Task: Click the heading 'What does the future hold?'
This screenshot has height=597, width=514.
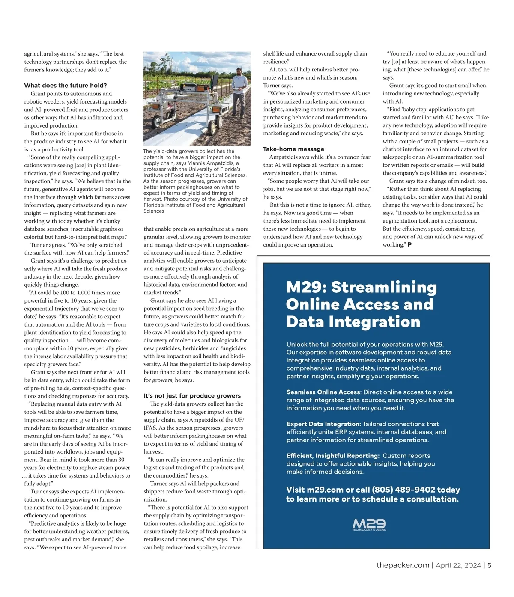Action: [66, 86]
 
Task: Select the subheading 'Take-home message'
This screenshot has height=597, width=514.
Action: [293, 149]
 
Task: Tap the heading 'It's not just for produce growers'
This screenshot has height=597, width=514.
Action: [192, 396]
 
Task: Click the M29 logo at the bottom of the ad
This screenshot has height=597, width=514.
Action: [369, 525]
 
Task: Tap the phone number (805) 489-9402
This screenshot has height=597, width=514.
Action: [403, 490]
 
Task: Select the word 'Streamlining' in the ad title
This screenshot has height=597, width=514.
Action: [384, 287]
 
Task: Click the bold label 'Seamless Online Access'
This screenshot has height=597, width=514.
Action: [323, 392]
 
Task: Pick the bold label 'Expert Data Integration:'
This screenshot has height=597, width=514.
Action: [324, 424]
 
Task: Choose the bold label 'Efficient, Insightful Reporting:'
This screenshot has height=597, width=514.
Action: [333, 456]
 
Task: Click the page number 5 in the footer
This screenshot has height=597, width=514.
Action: [489, 565]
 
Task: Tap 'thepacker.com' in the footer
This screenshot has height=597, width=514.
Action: [403, 565]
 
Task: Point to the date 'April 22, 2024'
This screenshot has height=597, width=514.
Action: [458, 565]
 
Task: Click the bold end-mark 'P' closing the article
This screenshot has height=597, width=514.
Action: [409, 245]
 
